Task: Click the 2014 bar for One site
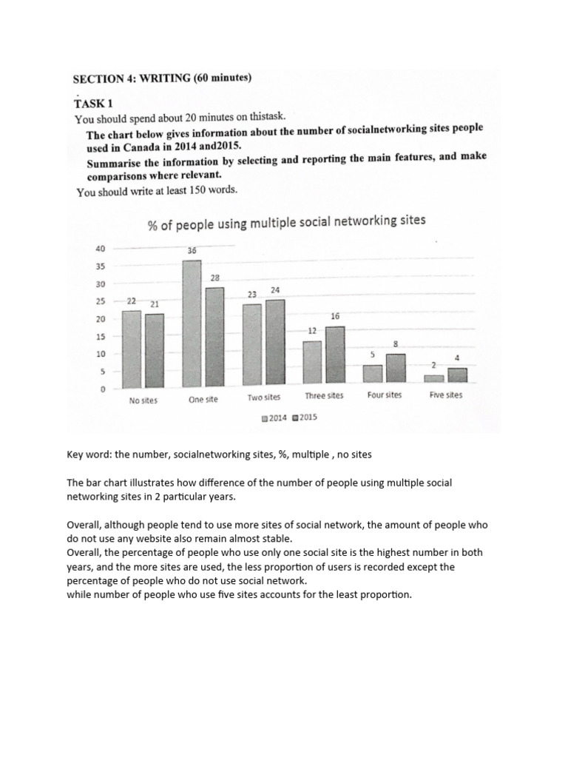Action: pos(192,323)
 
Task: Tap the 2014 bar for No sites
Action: pos(131,349)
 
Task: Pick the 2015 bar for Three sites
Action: pos(334,355)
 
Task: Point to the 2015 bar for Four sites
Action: pos(396,369)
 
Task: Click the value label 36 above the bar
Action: pos(192,251)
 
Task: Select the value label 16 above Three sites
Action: pos(335,316)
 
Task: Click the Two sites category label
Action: pos(264,397)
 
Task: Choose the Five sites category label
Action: pos(446,395)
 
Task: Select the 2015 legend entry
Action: pos(304,417)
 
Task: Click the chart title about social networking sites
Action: pos(286,222)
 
